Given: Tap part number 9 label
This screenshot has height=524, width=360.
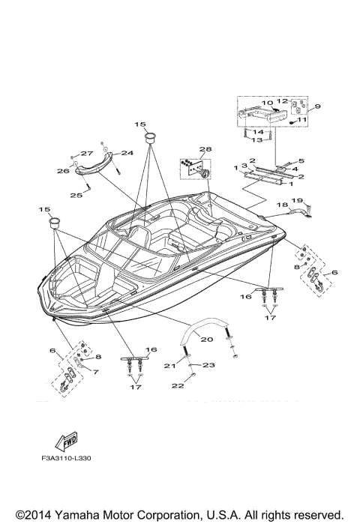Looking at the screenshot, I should [x=317, y=106].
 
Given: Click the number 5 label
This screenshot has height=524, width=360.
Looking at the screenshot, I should [x=301, y=160].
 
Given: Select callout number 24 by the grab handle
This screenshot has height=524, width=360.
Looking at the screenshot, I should [x=127, y=153].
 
